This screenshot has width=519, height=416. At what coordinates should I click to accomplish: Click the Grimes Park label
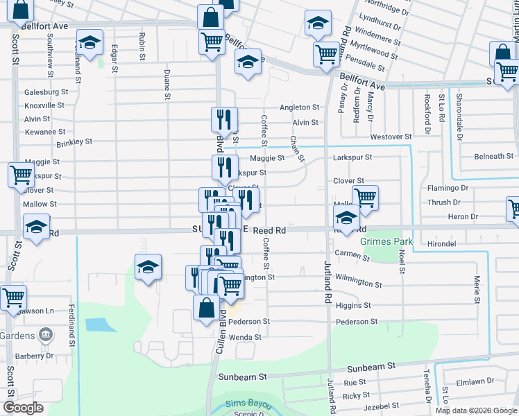coord(386,242)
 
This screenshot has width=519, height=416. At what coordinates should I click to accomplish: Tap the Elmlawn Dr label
coord(475,381)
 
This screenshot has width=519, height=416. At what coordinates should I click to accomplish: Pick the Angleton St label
coord(299,107)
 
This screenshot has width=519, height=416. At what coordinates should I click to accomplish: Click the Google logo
coord(23,408)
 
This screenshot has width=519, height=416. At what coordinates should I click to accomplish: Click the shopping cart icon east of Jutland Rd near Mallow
coord(365,197)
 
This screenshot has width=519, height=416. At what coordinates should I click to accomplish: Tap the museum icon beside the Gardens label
coord(46,336)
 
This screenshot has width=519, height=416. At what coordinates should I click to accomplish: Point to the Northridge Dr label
coord(395,8)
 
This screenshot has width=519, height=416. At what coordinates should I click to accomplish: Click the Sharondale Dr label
coord(459,114)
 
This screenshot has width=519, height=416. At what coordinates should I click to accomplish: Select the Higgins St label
coord(354,305)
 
